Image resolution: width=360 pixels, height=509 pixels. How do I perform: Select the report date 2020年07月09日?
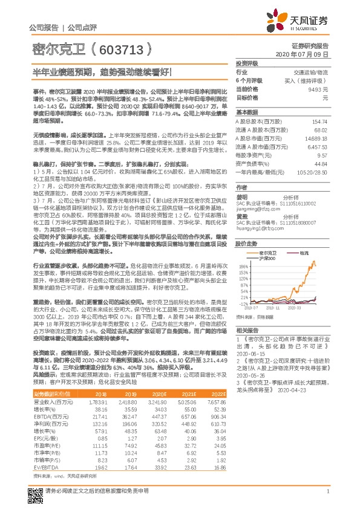point(311,54)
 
